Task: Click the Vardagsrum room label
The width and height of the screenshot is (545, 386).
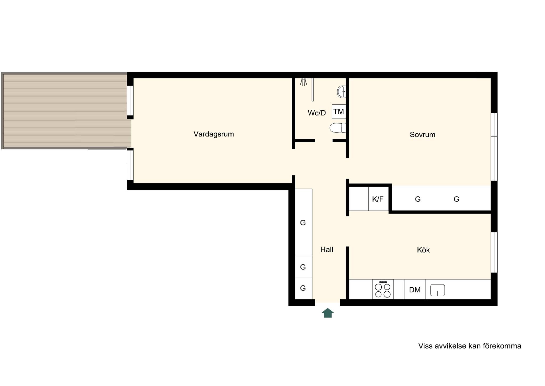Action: (214, 134)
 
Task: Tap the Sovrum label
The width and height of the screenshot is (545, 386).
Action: (423, 135)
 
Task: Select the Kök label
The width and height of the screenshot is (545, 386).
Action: (423, 250)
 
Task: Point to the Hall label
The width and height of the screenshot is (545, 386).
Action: (327, 250)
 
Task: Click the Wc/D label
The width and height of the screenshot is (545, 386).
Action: (317, 113)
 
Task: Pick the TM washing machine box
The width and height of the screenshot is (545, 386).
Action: (339, 111)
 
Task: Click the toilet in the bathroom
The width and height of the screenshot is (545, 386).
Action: (338, 128)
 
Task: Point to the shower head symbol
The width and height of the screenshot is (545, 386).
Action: (303, 82)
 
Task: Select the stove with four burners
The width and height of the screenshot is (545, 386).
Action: (383, 289)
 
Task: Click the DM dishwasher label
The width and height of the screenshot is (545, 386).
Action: (415, 290)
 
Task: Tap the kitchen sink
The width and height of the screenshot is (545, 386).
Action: (437, 290)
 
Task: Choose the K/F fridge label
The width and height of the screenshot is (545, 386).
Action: (378, 199)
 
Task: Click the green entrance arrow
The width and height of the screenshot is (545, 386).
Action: (328, 313)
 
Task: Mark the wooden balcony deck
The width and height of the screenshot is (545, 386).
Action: (65, 110)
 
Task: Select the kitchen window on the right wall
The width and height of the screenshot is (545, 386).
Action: (494, 252)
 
